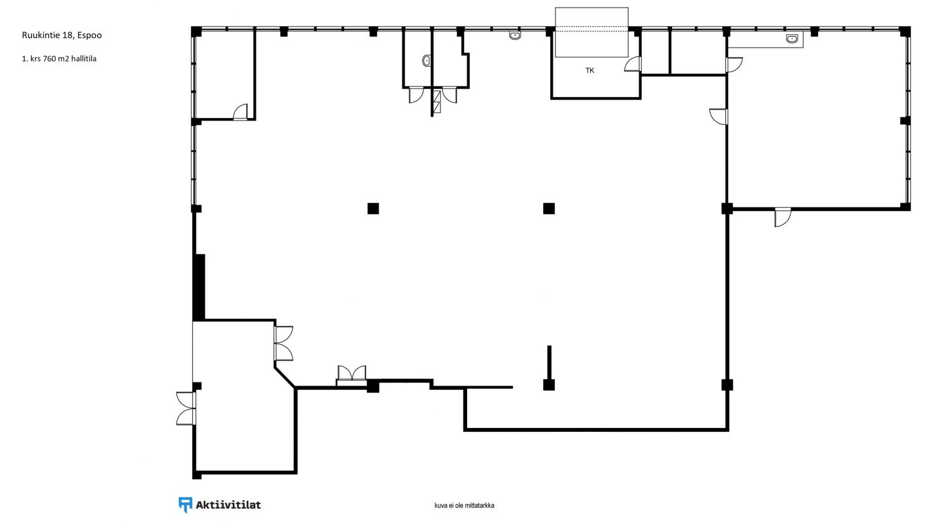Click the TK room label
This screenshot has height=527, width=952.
[590, 70]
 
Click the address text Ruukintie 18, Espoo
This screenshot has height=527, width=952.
[62, 36]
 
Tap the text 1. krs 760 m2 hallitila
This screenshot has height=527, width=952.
[59, 58]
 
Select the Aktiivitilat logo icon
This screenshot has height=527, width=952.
[185, 505]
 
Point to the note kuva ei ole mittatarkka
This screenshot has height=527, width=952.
[464, 505]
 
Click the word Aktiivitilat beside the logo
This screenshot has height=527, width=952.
[228, 505]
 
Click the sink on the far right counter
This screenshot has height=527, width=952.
[792, 39]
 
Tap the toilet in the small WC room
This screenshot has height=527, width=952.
[426, 61]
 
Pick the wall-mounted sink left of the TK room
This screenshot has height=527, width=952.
[515, 36]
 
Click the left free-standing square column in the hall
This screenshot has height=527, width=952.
[373, 209]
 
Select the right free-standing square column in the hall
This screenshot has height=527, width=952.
[549, 209]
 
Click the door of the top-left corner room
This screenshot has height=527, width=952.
[240, 112]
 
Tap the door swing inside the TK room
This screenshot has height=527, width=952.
[632, 64]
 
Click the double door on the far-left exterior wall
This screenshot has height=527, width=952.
[186, 408]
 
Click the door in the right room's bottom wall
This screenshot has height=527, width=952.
[783, 217]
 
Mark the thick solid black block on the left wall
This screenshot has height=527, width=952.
[199, 287]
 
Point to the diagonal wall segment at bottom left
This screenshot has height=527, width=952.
[285, 377]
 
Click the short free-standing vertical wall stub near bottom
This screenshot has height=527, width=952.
[549, 363]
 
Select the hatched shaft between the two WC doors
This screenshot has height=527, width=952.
[437, 102]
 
